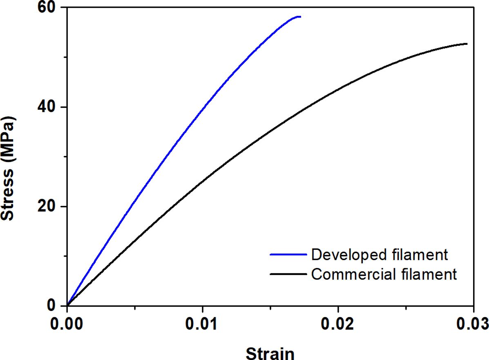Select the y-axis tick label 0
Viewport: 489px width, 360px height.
[x=54, y=305]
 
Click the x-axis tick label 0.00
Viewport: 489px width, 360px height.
[x=67, y=326]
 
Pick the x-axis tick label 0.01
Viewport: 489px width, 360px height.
[x=202, y=326]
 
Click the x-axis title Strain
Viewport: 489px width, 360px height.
[x=270, y=352]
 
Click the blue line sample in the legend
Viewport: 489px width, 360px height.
[x=288, y=254]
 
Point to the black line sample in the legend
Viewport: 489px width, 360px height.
[x=288, y=274]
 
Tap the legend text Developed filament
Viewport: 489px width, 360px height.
[x=380, y=254]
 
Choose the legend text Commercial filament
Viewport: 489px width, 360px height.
[x=384, y=274]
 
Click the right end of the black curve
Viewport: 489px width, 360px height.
[x=466, y=44]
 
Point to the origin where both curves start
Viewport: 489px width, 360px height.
[x=67, y=305]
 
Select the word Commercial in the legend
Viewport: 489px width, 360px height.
[x=352, y=274]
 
